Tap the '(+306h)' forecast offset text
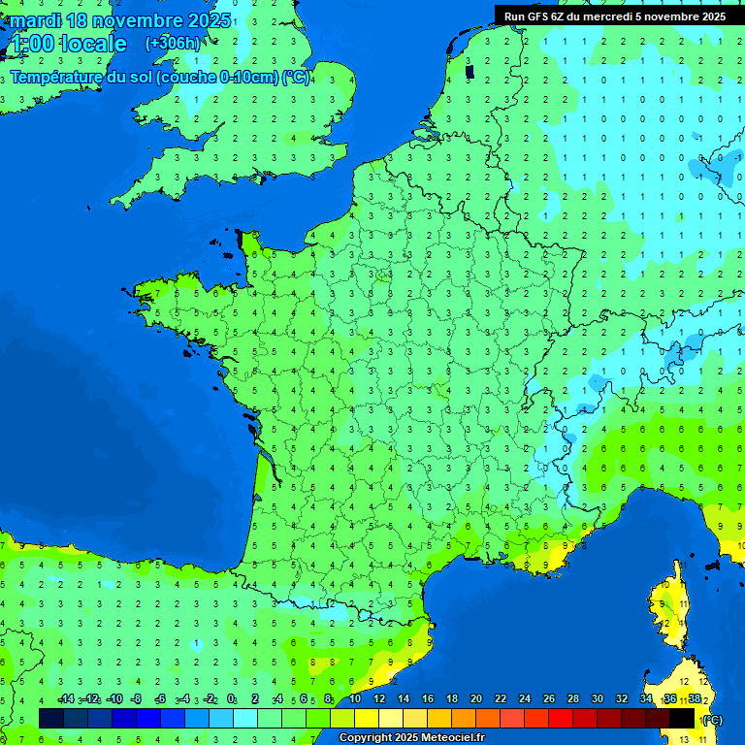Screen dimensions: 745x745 click(x=173, y=43)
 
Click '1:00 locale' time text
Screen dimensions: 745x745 click(x=68, y=44)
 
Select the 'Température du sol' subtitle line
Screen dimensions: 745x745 click(x=160, y=78)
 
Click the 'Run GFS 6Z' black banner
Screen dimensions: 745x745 click(x=614, y=16)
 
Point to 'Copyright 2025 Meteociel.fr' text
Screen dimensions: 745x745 click(x=411, y=738)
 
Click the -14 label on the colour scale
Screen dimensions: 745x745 click(x=65, y=699)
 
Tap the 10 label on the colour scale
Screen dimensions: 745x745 click(x=355, y=699)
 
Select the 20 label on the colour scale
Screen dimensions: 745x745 click(x=476, y=699)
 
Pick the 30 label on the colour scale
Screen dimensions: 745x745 click(x=597, y=699)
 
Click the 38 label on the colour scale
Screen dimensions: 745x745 click(x=694, y=699)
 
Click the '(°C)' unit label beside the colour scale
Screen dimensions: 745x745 click(x=712, y=720)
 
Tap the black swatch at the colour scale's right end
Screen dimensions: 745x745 click(x=682, y=718)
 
